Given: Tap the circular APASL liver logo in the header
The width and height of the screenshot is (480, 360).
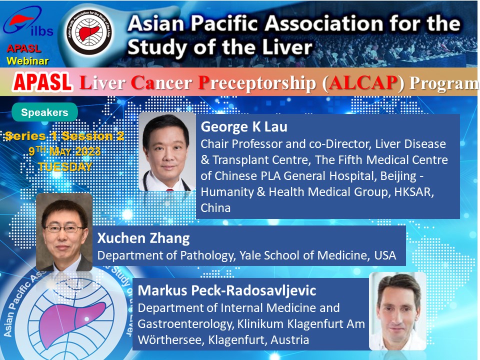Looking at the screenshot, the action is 89,32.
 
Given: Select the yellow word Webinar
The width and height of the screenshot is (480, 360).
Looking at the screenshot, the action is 27,61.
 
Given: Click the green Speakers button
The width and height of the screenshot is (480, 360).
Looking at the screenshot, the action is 44,112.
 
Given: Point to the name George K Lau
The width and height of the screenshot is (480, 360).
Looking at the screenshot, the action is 244,126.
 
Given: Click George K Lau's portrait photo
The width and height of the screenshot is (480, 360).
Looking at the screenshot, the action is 167,152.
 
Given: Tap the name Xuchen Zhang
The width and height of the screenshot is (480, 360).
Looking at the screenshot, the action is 143,238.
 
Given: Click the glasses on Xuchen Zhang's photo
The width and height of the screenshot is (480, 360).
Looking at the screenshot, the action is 64,228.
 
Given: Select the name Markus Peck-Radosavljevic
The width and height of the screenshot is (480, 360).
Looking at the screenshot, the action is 227,290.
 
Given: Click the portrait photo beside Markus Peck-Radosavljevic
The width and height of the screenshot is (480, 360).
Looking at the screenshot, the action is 398,311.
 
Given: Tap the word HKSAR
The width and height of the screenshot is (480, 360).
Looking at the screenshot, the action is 414,192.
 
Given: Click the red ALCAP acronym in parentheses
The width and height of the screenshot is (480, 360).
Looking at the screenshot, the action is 363,82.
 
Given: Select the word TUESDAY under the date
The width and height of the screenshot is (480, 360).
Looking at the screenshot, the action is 65,167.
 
